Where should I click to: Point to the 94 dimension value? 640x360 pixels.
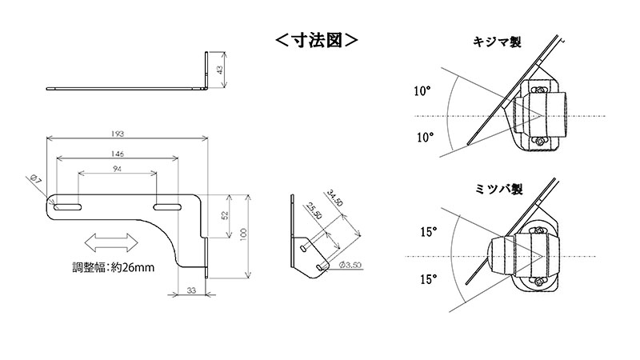coord(118,170)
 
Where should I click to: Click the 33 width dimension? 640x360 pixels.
coord(192,291)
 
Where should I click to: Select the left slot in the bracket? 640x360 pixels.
coord(70,208)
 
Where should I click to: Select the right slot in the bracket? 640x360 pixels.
coord(166,208)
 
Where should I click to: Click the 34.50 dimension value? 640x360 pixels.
coord(335,198)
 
